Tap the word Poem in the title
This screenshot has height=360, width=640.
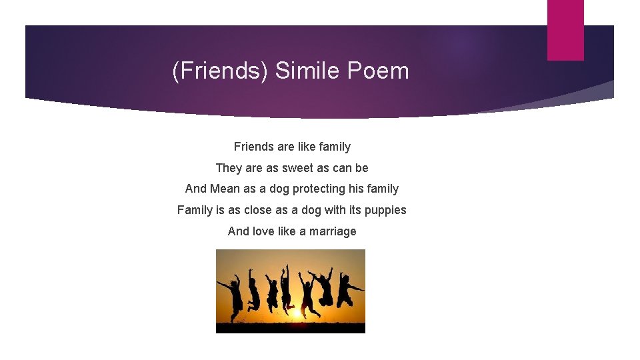377,71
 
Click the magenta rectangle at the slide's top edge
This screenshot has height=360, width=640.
565,29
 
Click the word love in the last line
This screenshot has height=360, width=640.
263,231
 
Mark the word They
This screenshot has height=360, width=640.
229,168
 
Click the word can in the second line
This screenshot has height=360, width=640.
339,168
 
